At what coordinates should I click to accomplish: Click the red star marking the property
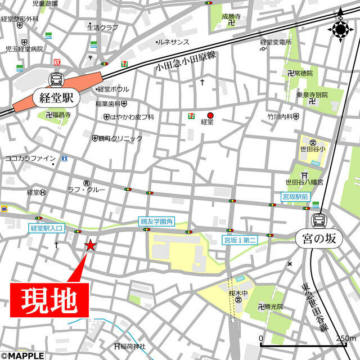[90, 245]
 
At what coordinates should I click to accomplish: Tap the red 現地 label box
[49, 300]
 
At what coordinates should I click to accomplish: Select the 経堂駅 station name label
[56, 97]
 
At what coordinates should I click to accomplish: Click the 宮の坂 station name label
[319, 238]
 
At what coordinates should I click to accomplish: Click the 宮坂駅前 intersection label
[295, 197]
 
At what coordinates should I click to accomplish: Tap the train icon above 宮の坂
[319, 219]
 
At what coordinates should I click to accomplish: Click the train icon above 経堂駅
[56, 79]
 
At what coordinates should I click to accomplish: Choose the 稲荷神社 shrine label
[133, 346]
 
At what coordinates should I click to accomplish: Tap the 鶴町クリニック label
[114, 138]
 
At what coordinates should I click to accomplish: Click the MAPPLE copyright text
[22, 355]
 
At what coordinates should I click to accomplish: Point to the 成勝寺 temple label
[231, 17]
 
